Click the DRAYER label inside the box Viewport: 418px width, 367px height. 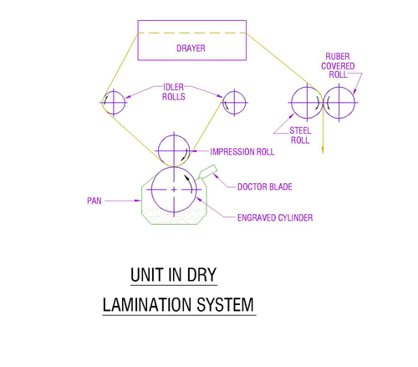191,48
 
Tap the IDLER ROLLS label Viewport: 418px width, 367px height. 173,92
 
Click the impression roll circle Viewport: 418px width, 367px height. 174,135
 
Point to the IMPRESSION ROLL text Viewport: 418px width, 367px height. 242,151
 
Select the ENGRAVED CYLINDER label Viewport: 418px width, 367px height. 275,217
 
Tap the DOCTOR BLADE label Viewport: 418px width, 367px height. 265,186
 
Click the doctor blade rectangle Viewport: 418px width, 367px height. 207,172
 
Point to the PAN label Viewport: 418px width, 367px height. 94,201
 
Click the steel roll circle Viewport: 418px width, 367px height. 307,87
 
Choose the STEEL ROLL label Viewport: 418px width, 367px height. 300,135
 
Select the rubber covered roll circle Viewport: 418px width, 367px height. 339,87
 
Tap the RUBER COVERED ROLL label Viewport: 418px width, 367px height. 338,65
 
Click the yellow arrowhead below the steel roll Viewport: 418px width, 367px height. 323,150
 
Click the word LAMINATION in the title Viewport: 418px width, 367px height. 147,304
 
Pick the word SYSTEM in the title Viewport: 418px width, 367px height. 225,304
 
